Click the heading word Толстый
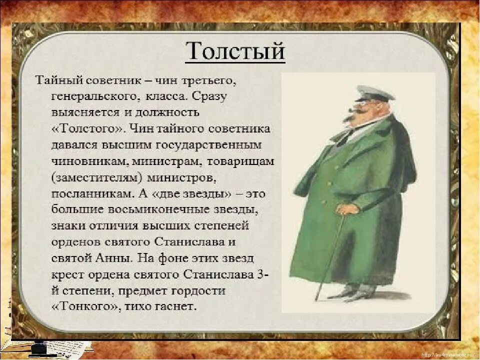click(x=235, y=51)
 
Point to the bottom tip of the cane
click(x=316, y=298)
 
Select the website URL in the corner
click(x=447, y=354)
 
